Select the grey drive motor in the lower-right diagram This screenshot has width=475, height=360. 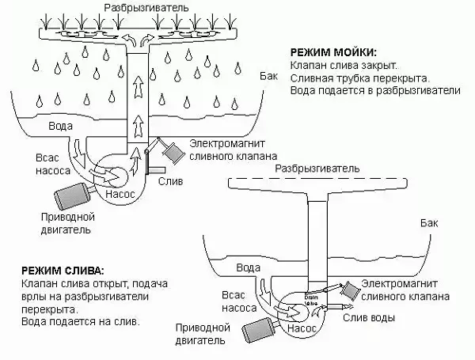pyautogui.click(x=259, y=328)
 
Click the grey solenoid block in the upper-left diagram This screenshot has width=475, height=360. pyautogui.click(x=170, y=150)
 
